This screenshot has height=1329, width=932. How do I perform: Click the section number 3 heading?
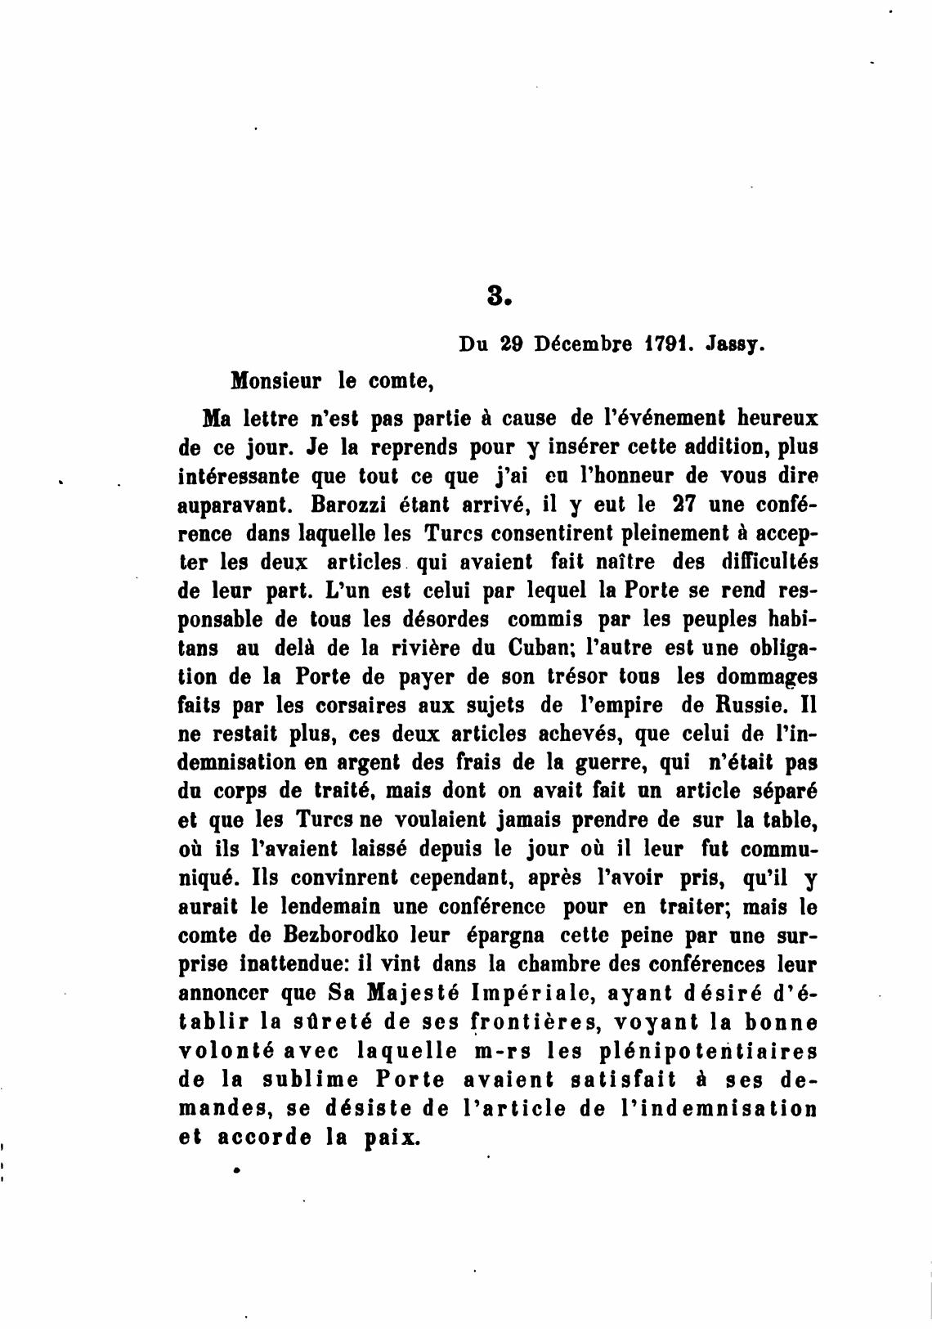pos(497,295)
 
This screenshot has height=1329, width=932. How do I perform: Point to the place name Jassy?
pos(737,345)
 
